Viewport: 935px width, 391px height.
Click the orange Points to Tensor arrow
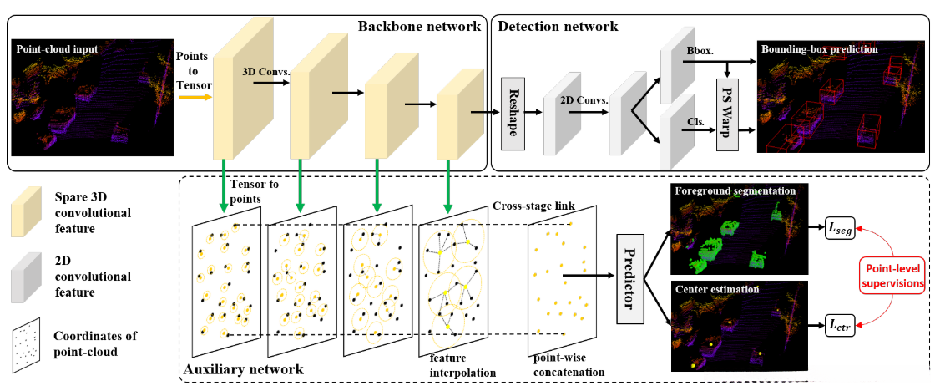pyautogui.click(x=195, y=95)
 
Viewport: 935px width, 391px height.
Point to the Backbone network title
pyautogui.click(x=419, y=26)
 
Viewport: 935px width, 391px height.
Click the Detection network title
pyautogui.click(x=558, y=26)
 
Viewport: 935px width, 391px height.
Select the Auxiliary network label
pyautogui.click(x=241, y=368)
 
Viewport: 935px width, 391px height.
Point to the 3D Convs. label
pyautogui.click(x=265, y=72)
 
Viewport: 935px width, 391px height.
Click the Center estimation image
pyautogui.click(x=739, y=327)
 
